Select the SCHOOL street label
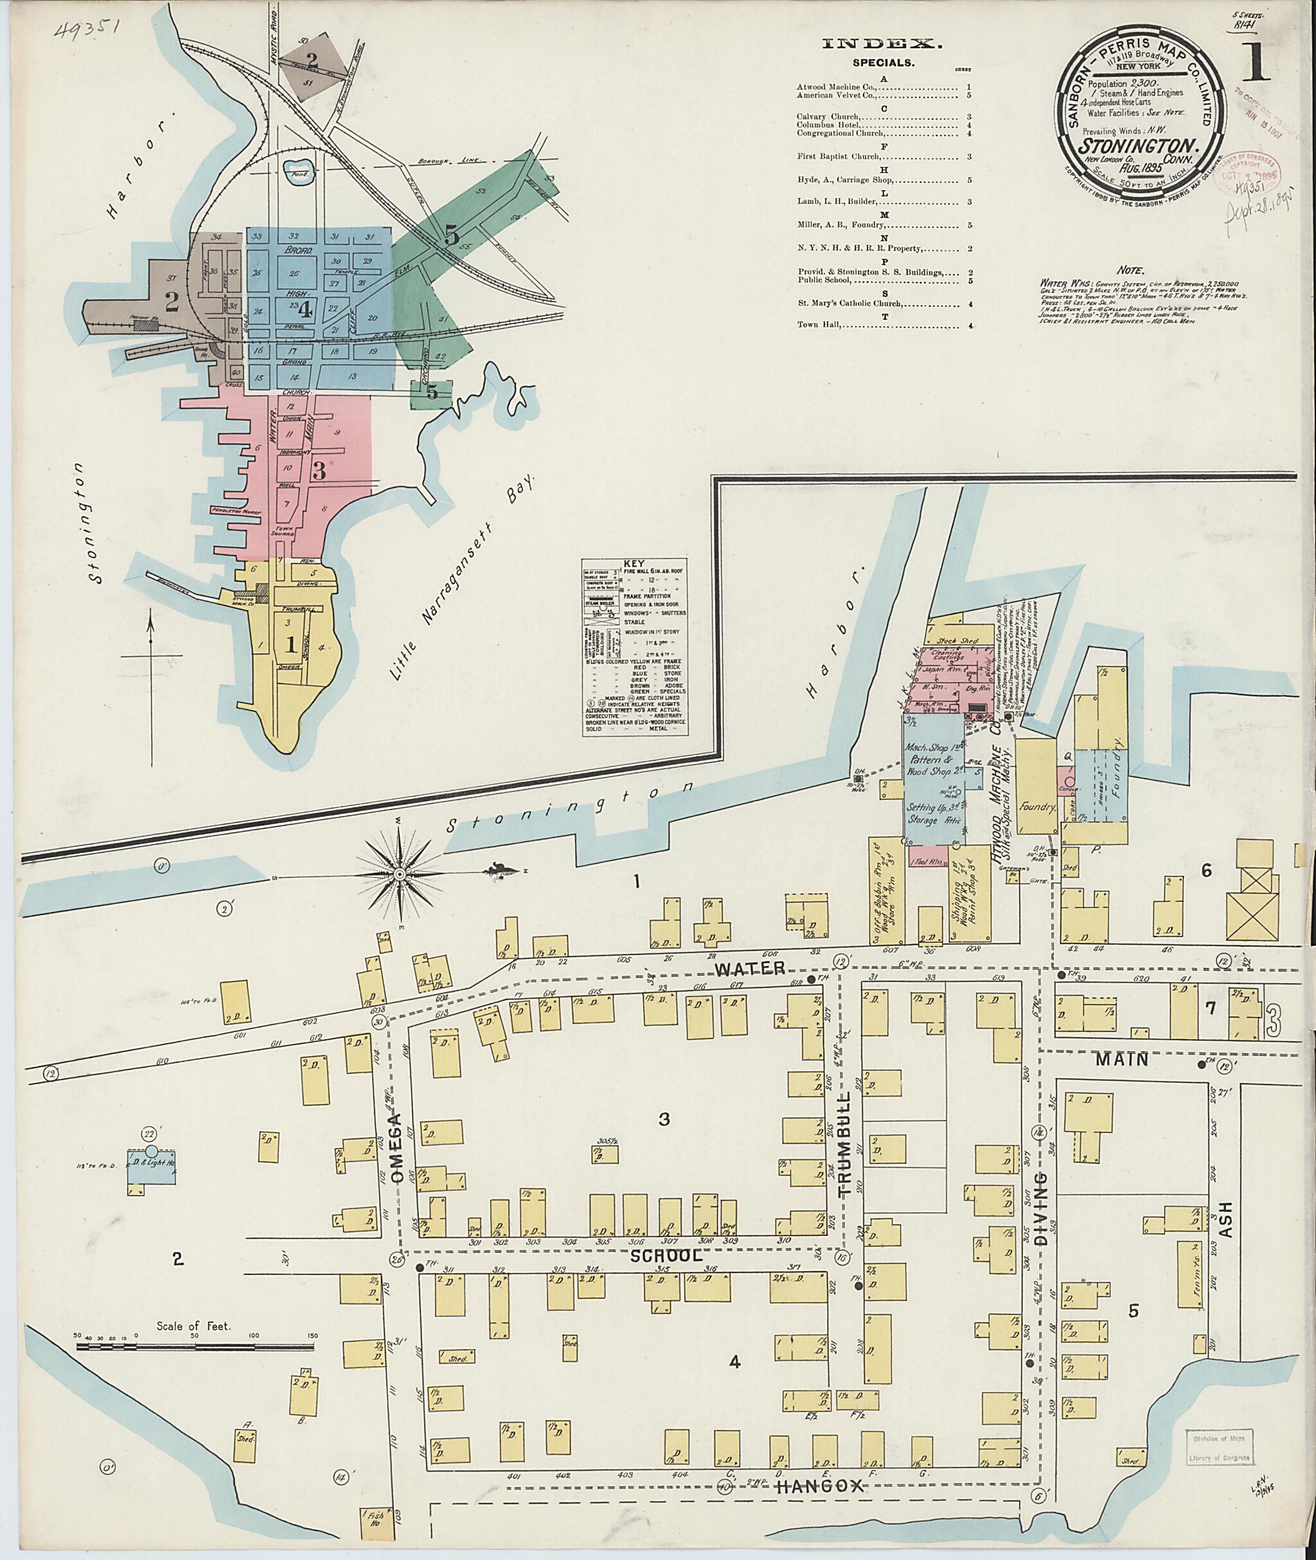[666, 1255]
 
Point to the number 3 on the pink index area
[319, 471]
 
